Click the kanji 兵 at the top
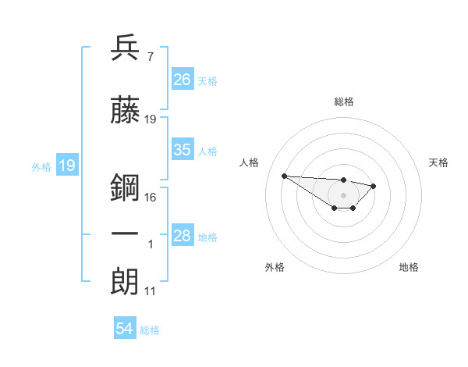pos(126,48)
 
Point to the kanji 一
pos(126,233)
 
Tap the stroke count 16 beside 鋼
pos(151,197)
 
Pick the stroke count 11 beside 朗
pos(151,291)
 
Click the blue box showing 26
pos(183,80)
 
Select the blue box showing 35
pos(183,150)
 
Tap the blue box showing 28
pos(183,236)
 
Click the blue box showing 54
pos(125,330)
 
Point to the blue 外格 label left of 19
pos(41,166)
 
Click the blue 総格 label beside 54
pos(150,330)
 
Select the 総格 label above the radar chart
pos(344,102)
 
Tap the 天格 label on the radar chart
pos(438,162)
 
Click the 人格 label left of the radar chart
pos(249,162)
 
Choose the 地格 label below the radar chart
pos(409,268)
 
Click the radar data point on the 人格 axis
pos(284,176)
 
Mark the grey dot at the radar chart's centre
pos(344,195)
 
